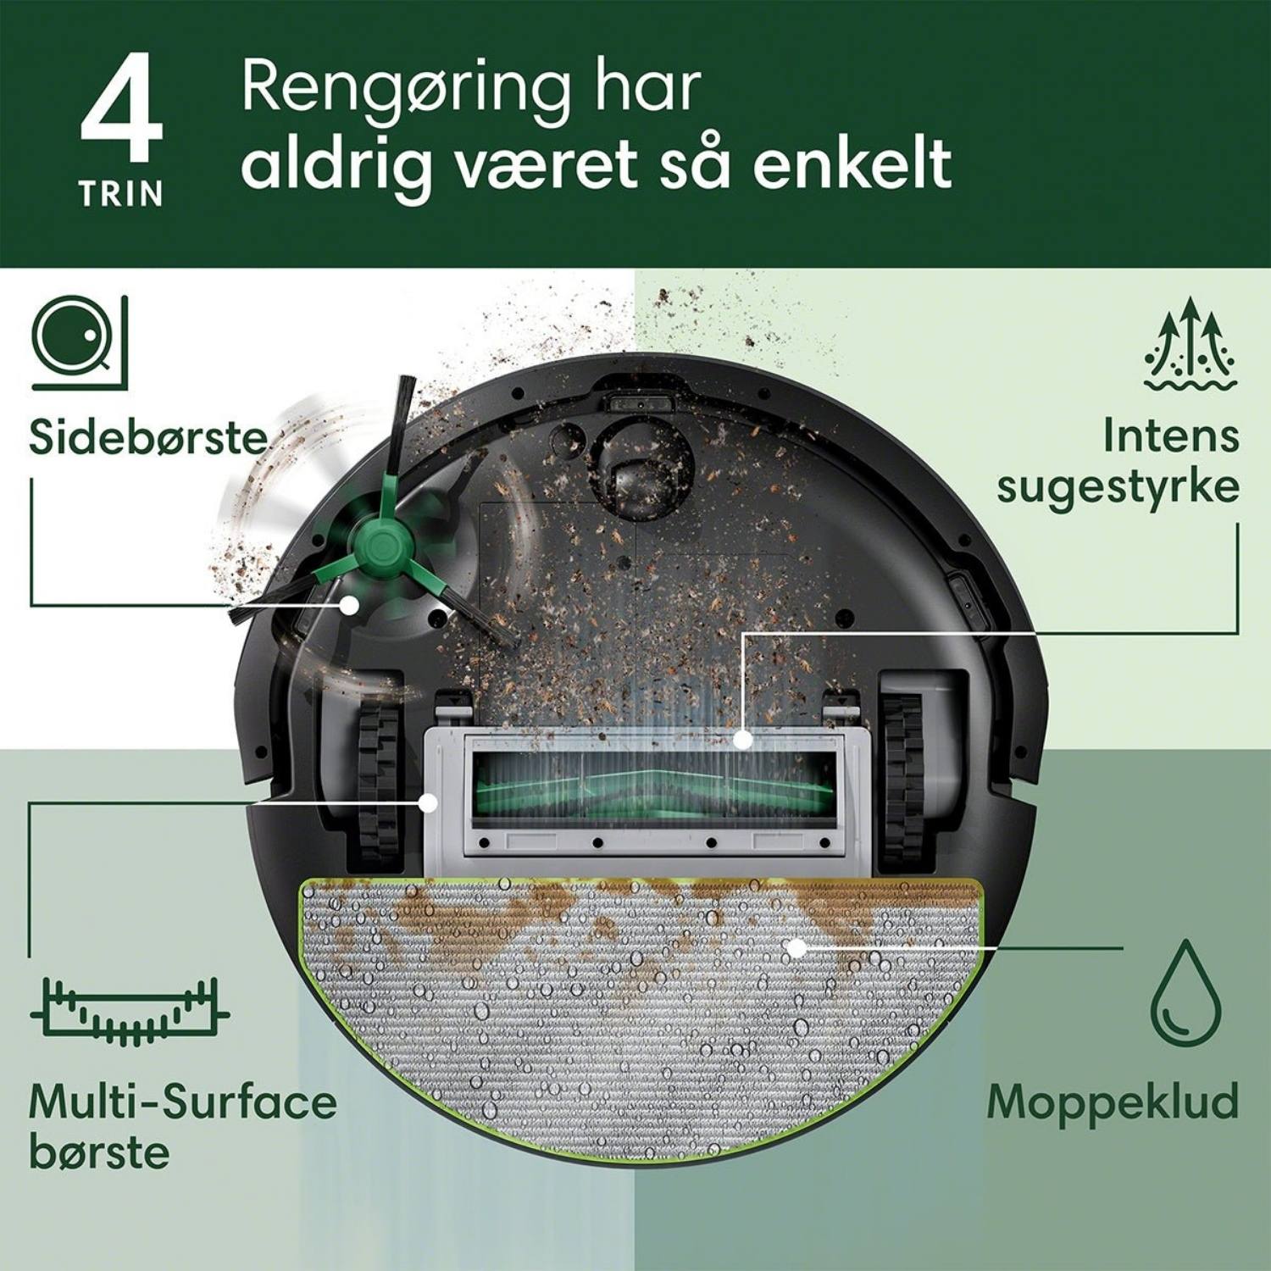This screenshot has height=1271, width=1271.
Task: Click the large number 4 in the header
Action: (x=121, y=108)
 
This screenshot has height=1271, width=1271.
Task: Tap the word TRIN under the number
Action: (x=121, y=194)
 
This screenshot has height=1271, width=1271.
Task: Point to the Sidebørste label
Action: (x=148, y=438)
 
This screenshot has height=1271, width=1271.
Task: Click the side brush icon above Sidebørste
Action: (x=80, y=342)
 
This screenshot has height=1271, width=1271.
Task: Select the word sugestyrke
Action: (x=1118, y=488)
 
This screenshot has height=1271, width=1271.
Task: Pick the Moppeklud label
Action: (x=1113, y=1101)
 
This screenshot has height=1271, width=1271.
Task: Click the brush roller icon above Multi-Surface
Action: (x=130, y=1011)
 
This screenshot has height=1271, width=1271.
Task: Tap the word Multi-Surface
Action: (x=183, y=1102)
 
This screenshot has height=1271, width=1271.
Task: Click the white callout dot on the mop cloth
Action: (x=796, y=948)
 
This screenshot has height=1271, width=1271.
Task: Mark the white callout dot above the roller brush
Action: (x=743, y=739)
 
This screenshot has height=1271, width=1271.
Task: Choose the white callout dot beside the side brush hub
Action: (x=348, y=604)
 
